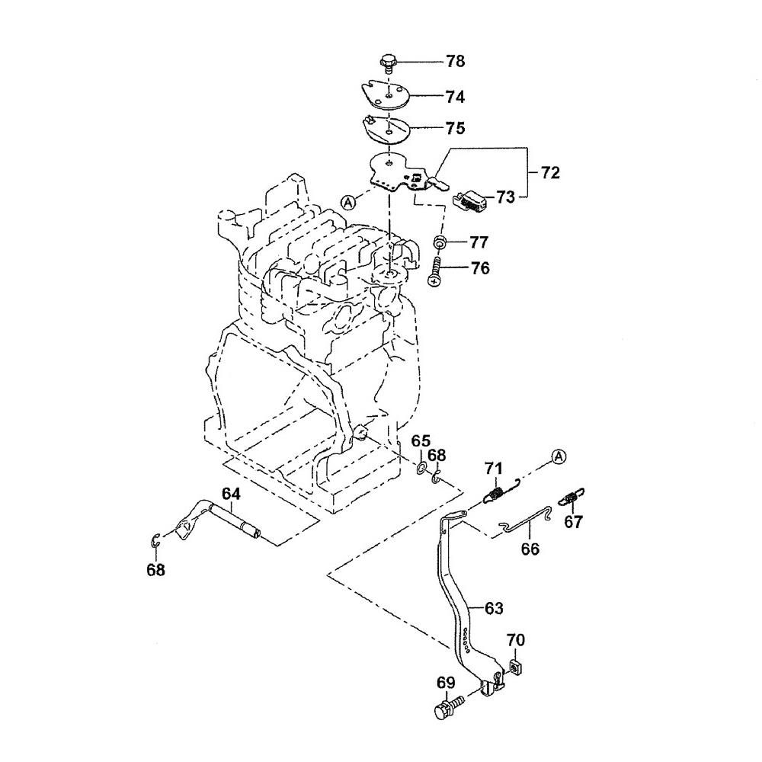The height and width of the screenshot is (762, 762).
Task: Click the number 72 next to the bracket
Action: point(550,172)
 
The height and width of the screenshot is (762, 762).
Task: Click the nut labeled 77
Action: point(440,243)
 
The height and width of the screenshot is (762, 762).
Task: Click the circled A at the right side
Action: point(559,456)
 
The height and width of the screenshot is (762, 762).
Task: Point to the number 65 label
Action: point(421,441)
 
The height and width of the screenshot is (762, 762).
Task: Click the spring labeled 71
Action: point(496,493)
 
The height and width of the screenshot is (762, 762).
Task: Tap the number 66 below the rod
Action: point(530,548)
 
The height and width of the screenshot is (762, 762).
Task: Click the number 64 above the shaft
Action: point(231,494)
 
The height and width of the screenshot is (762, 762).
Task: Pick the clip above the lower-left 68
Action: point(155,541)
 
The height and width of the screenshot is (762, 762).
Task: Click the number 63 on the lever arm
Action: point(495,607)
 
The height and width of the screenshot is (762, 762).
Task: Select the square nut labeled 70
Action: point(516,667)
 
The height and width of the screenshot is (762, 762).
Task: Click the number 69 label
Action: point(446,682)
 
